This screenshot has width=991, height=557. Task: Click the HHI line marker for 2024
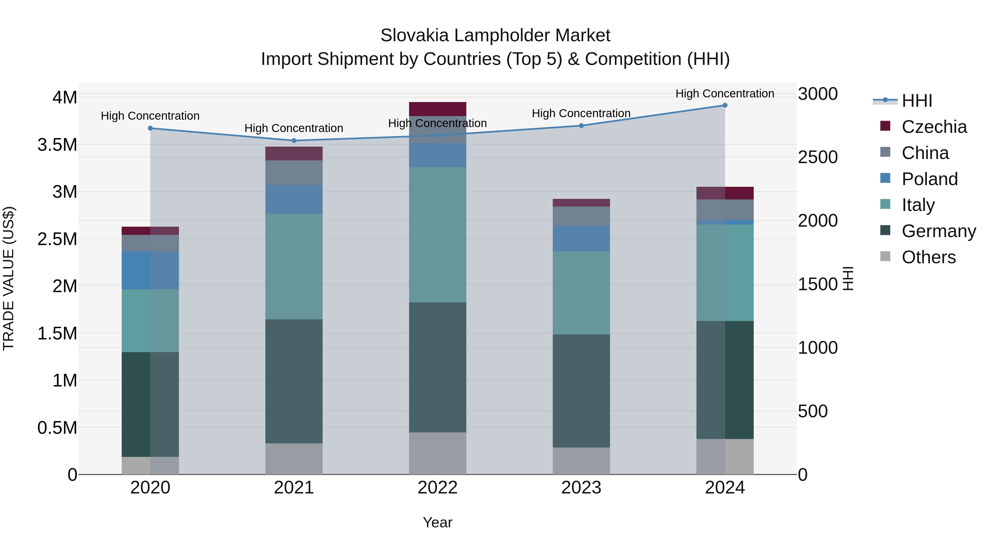[x=725, y=105]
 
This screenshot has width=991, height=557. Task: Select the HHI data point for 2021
[x=294, y=141]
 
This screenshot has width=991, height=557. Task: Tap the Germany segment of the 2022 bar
[x=437, y=367]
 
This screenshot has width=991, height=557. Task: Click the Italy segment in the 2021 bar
[x=294, y=266]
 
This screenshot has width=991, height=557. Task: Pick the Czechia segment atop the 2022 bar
[x=437, y=109]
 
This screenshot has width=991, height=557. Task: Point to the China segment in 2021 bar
[x=294, y=172]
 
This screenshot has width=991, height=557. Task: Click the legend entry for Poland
[x=929, y=179]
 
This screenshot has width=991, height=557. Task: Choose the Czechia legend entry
[x=934, y=127]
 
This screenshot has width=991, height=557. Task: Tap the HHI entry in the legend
[x=916, y=101]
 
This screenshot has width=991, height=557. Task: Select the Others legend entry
[x=928, y=257]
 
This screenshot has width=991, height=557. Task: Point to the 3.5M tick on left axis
[x=57, y=145]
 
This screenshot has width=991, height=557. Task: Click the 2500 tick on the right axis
[x=818, y=157]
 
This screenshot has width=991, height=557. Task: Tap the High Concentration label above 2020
[x=150, y=116]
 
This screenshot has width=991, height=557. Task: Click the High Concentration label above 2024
[x=725, y=94]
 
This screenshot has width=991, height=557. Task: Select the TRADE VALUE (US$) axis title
[x=9, y=278]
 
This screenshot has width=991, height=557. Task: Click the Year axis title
[x=437, y=522]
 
